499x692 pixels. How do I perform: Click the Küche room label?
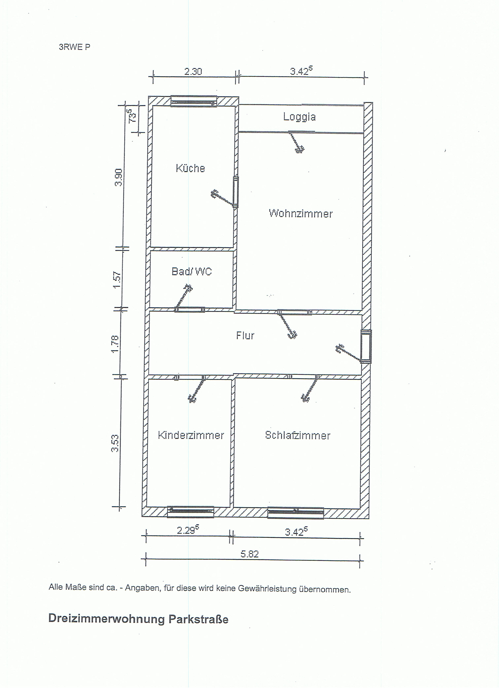(190, 168)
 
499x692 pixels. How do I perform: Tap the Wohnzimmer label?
(301, 213)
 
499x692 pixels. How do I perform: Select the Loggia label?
(299, 117)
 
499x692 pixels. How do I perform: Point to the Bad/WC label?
(192, 271)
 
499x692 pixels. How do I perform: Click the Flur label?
(245, 336)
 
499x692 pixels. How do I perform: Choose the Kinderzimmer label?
(191, 435)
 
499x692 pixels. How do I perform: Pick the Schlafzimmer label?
(298, 435)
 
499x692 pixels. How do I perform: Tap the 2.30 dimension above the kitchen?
(193, 71)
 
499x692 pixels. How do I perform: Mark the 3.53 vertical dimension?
(115, 443)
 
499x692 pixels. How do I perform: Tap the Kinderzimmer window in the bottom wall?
(191, 512)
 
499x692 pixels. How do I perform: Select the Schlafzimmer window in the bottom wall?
(296, 513)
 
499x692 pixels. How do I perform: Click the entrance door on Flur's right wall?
(366, 346)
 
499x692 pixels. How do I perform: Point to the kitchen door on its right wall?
(235, 192)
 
